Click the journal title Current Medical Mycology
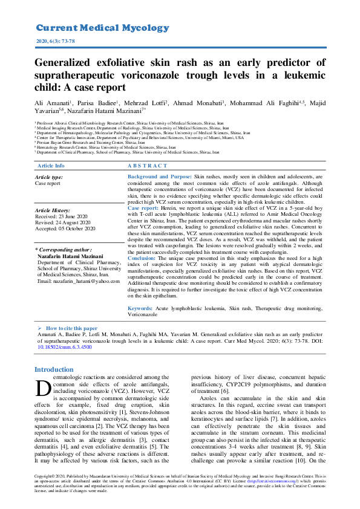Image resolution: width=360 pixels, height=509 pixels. pyautogui.click(x=102, y=28)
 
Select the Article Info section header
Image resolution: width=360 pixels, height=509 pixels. pyautogui.click(x=51, y=166)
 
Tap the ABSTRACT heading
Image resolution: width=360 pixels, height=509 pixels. pyautogui.click(x=148, y=166)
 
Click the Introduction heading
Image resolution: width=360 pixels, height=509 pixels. pyautogui.click(x=54, y=369)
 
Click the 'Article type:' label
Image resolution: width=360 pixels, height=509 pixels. pyautogui.click(x=49, y=177)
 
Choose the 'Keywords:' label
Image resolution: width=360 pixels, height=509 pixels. pyautogui.click(x=140, y=309)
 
